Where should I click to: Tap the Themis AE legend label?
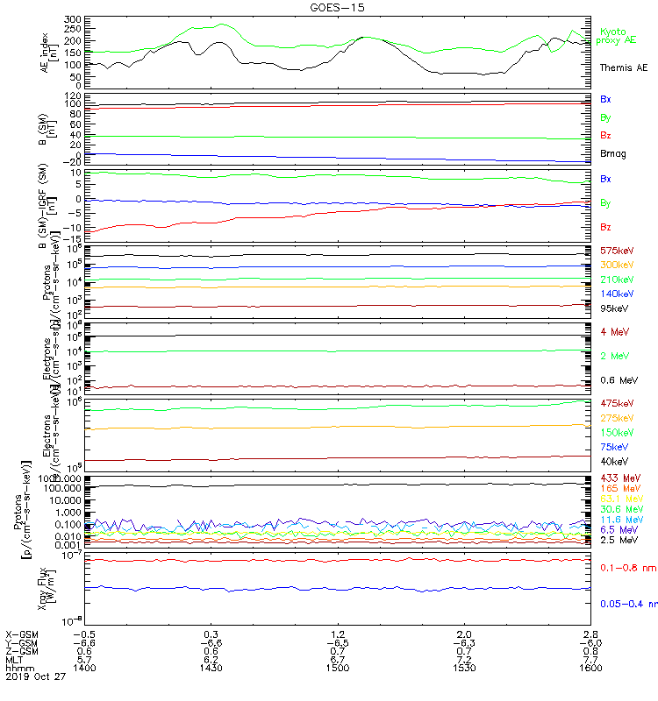(623, 67)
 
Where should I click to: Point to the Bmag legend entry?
(613, 153)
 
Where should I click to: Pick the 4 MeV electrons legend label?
(614, 331)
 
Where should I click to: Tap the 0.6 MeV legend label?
(618, 379)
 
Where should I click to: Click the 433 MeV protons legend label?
(619, 478)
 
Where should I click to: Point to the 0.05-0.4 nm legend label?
(628, 604)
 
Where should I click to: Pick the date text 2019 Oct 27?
(33, 676)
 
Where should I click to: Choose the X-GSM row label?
(22, 634)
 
